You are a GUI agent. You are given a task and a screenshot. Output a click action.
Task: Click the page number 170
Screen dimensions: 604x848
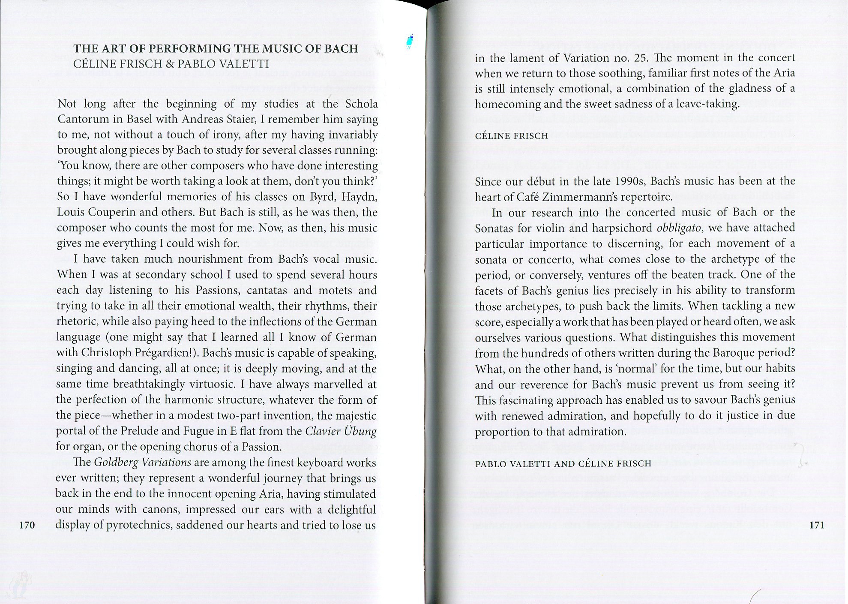[x=27, y=525]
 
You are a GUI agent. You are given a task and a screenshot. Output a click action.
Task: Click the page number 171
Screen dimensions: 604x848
[x=817, y=525]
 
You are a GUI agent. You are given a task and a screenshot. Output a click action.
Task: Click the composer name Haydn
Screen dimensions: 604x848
[x=362, y=197]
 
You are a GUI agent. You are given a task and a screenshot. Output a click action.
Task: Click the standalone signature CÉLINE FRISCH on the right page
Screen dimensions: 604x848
[x=512, y=136]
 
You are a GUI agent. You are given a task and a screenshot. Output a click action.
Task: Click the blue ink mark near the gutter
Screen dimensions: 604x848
[x=411, y=41]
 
